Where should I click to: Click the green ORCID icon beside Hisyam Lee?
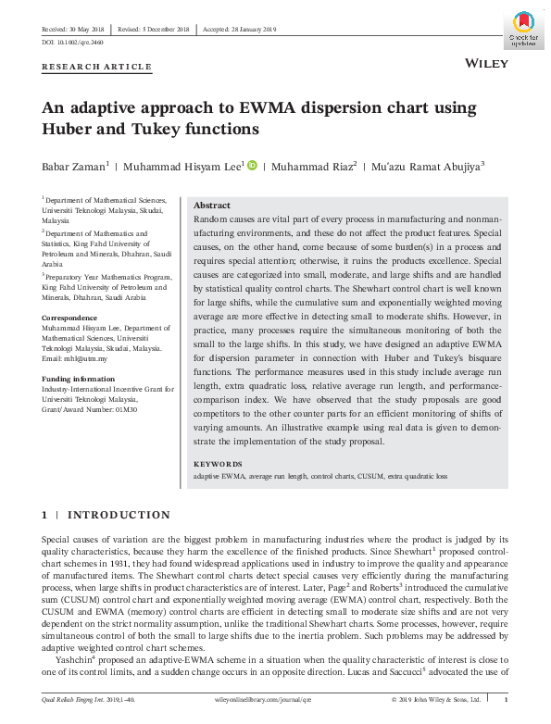(x=252, y=165)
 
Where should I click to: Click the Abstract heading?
(x=212, y=206)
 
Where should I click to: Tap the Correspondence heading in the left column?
(x=71, y=318)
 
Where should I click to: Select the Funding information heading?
(x=81, y=379)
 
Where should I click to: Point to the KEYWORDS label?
(x=218, y=464)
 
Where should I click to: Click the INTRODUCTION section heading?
(x=119, y=515)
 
